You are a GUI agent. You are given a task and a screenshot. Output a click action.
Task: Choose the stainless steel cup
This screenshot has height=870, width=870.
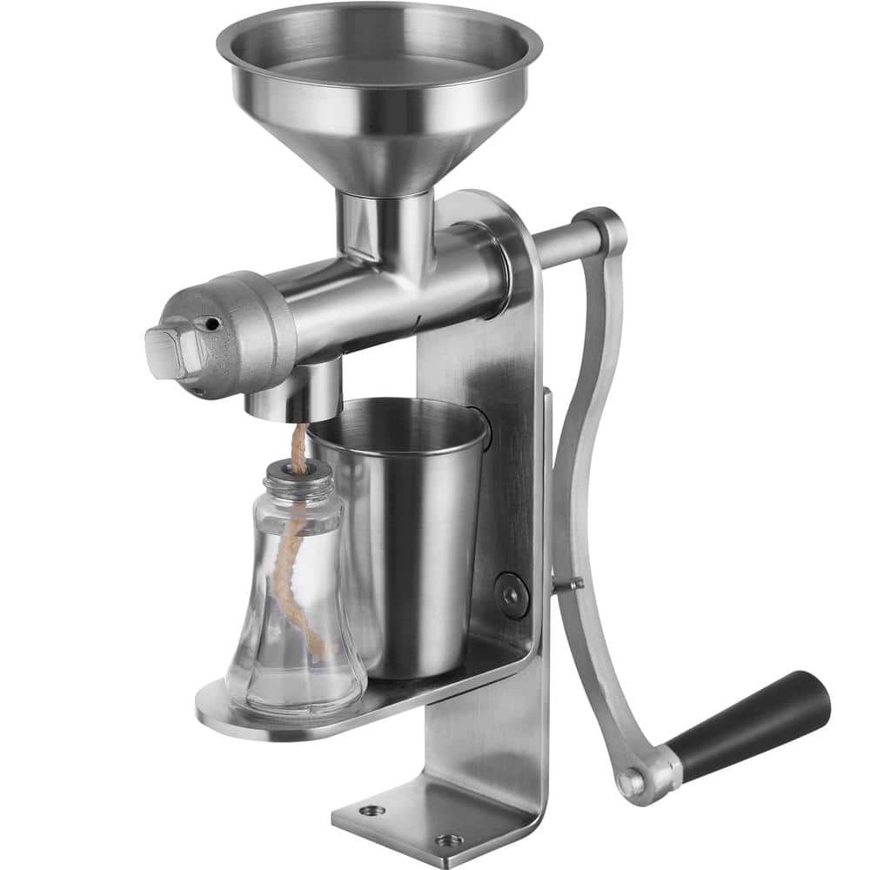click(400, 539)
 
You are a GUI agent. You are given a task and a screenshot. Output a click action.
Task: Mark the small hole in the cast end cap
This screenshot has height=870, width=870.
click(210, 324)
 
